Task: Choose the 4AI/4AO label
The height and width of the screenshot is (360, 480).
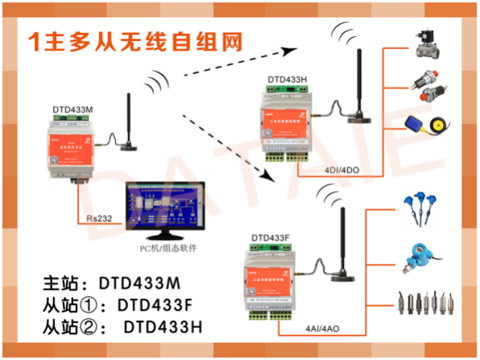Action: pos(322,329)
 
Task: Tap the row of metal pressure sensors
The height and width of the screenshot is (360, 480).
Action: pos(426,304)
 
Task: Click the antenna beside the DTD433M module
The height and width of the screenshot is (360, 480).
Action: pos(126,125)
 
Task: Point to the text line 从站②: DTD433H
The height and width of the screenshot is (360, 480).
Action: pos(121,328)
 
